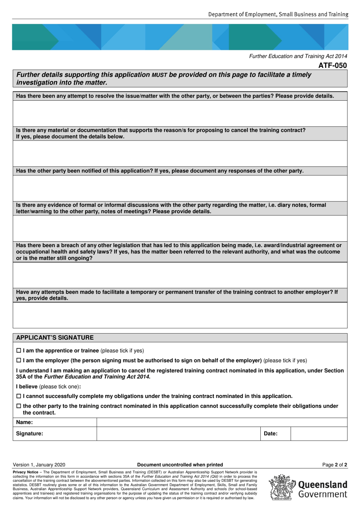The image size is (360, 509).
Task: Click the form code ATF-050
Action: pos(332,66)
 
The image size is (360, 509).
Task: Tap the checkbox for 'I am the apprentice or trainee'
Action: pos(19,351)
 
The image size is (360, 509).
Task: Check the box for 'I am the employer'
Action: pos(19,361)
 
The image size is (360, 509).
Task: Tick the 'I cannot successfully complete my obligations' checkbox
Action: pos(19,396)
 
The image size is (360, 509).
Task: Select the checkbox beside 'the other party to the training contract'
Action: pos(19,406)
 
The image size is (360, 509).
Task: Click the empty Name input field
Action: pos(222,422)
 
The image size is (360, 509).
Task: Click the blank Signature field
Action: pos(178,434)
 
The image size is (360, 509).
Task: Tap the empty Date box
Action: pos(319,434)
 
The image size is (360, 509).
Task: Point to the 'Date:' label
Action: pos(271,434)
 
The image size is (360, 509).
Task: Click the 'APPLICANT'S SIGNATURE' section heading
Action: pos(55,337)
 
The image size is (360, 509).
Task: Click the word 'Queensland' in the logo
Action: pos(322,485)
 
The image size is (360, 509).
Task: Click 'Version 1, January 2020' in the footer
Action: pos(39,465)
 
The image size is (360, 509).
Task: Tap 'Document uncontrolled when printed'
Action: pos(180,465)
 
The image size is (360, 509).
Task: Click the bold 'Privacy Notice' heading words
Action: pos(25,472)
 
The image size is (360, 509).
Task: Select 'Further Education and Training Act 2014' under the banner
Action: pos(298,56)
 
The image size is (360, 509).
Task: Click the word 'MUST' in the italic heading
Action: pos(159,75)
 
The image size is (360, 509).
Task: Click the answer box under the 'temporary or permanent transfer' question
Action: pos(180,315)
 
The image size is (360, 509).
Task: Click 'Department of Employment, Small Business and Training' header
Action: pos(278,14)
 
